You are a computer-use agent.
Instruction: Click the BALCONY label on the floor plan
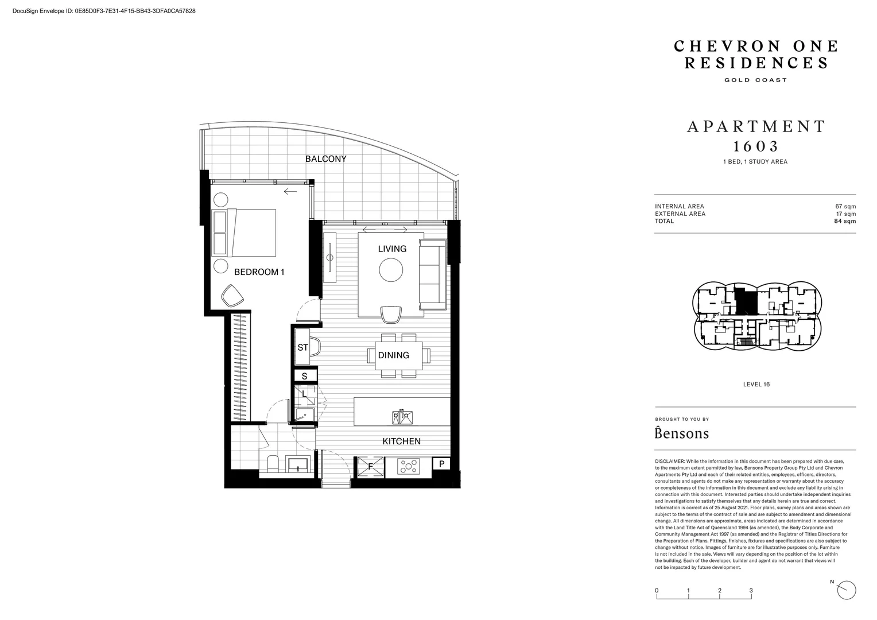tap(326, 159)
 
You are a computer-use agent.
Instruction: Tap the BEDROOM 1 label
tap(259, 272)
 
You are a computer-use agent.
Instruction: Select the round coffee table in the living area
tap(391, 270)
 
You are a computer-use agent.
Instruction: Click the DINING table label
tap(394, 355)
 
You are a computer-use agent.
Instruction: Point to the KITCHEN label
tap(402, 441)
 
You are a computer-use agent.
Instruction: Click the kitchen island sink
tap(402, 417)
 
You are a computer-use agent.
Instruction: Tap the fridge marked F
tap(370, 467)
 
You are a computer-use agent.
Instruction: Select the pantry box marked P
tap(441, 464)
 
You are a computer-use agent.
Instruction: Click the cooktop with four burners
tap(408, 467)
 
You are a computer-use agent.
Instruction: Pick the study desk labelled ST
tap(302, 347)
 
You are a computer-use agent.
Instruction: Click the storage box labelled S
tap(305, 377)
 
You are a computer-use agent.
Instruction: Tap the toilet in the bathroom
tap(273, 463)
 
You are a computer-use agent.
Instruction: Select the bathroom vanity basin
tap(298, 464)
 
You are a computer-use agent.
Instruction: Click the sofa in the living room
tap(433, 275)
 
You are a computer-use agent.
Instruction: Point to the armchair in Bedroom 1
tap(232, 296)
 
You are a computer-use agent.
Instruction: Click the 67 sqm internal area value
tap(845, 207)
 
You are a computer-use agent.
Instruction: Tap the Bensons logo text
tap(682, 433)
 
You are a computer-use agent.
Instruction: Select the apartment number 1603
tap(756, 146)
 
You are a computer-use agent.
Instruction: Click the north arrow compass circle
tap(847, 590)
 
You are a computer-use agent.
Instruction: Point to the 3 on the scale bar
tap(751, 591)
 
